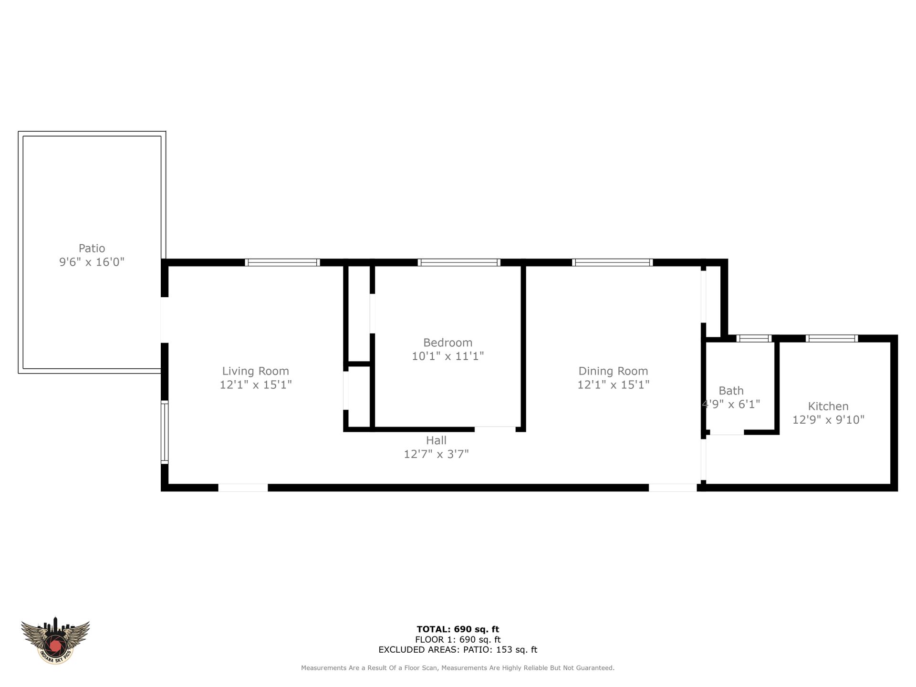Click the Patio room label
click(92, 248)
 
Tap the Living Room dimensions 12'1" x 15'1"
click(255, 385)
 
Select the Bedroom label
click(448, 343)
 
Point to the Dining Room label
click(613, 371)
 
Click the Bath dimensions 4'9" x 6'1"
click(731, 404)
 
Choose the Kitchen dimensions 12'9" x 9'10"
click(828, 420)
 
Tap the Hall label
click(436, 440)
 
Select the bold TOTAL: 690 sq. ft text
click(458, 629)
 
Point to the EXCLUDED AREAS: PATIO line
click(458, 650)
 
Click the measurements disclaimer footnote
click(458, 668)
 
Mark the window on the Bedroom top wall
click(459, 262)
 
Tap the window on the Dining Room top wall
click(613, 262)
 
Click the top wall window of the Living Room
click(282, 262)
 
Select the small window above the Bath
click(754, 339)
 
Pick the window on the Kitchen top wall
click(832, 339)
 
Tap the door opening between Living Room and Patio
click(165, 320)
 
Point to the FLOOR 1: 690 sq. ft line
click(458, 640)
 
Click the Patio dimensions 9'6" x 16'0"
click(92, 262)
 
